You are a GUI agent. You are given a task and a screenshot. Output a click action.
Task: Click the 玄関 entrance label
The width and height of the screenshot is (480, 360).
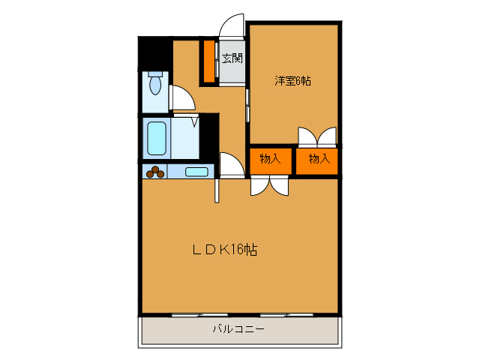(232, 58)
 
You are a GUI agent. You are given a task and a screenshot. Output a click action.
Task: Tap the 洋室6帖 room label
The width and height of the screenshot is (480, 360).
(292, 81)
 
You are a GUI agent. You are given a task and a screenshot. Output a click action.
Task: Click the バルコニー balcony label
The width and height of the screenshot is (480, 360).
(238, 329)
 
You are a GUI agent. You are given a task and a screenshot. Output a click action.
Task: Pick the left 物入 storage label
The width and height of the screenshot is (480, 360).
(270, 159)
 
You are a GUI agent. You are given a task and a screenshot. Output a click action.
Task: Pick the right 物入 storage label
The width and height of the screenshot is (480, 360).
(319, 159)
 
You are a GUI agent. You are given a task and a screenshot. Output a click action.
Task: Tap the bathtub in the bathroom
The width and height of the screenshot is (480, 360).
(157, 137)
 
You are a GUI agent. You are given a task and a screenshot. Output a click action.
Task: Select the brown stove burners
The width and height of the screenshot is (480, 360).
(155, 172)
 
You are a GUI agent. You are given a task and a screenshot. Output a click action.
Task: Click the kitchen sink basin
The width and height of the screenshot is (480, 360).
(196, 172)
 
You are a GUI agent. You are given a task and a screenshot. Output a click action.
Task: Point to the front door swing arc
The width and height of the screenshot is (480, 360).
(232, 25)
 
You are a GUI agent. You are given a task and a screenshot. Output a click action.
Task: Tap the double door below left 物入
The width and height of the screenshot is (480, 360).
(269, 185)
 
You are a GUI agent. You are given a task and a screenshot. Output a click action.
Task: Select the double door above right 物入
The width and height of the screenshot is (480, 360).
(317, 137)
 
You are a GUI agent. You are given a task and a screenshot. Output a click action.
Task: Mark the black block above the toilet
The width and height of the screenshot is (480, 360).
(154, 52)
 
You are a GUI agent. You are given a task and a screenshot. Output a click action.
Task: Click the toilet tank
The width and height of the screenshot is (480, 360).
(154, 75)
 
